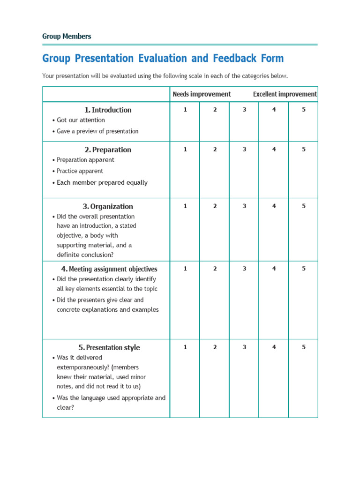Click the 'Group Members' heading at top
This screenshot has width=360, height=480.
pos(67,36)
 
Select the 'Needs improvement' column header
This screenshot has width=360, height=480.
pos(202,94)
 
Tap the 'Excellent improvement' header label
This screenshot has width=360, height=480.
pos(285,94)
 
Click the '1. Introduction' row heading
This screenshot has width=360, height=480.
pos(108,110)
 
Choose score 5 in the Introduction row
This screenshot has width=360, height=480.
pos(303,110)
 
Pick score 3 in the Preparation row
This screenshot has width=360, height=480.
pos(244,150)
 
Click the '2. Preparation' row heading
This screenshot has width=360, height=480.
pos(108,150)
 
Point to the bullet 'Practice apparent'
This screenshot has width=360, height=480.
pos(80,171)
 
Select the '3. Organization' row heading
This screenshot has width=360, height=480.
pos(108,207)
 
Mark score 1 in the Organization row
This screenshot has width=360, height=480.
pos(185,206)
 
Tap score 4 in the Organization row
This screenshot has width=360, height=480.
pos(274,206)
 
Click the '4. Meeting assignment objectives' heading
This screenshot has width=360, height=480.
pos(109,269)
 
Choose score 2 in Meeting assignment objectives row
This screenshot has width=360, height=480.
pos(215,269)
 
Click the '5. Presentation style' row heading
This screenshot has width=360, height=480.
pos(109,348)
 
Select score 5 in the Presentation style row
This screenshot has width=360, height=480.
pos(303,347)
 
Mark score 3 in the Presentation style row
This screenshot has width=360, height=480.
pos(244,347)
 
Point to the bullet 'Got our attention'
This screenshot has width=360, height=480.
pos(81,120)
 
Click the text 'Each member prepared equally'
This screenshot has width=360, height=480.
pos(102,183)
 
